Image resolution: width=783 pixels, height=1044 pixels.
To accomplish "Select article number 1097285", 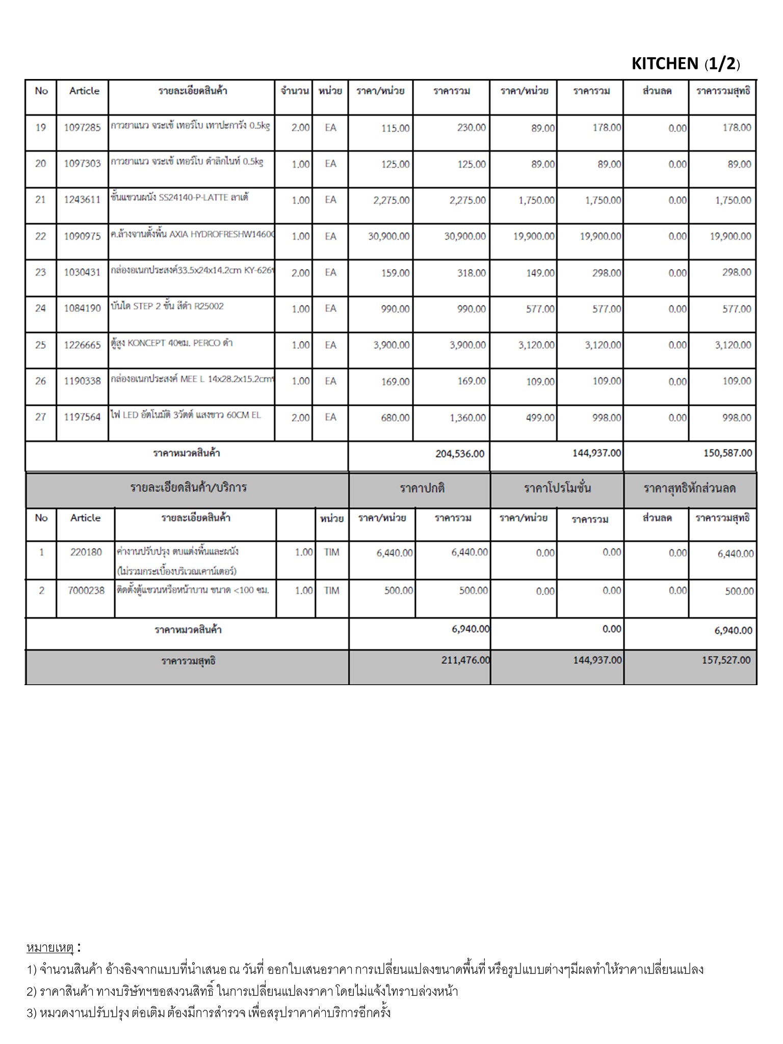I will (x=82, y=127).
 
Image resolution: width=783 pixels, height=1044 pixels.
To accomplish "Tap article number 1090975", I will (x=82, y=237).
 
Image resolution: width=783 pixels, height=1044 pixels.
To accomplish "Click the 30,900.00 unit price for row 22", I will (x=388, y=237).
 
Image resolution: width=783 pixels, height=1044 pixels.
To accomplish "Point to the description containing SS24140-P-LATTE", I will (x=179, y=198).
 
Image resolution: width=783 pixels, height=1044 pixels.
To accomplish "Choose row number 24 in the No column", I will (x=40, y=308).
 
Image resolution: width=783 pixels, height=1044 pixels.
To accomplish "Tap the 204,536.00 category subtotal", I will (x=460, y=454).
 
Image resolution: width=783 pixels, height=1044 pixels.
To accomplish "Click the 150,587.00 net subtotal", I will (x=727, y=453).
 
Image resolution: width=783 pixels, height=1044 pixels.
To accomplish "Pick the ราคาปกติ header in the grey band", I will (x=422, y=488).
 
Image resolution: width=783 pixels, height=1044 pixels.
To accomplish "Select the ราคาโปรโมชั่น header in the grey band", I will (x=557, y=488).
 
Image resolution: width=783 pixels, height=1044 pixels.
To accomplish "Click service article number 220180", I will (x=86, y=552).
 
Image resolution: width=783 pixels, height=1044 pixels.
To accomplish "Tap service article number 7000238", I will (x=86, y=591).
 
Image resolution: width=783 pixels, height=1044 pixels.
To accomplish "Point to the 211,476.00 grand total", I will (x=465, y=660).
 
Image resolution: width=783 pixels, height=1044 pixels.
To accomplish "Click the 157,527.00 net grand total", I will (x=726, y=660).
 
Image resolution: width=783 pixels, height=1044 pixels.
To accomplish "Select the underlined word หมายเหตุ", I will (x=50, y=948).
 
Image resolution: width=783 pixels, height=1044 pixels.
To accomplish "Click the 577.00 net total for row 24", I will (x=737, y=309).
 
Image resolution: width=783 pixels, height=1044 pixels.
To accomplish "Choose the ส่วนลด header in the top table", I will (x=657, y=91).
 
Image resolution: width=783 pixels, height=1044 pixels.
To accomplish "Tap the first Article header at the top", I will (x=84, y=91).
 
